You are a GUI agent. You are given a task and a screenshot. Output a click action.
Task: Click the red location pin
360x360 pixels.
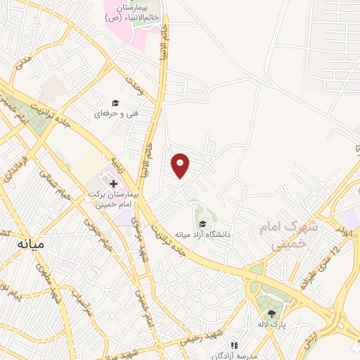coord(181,165)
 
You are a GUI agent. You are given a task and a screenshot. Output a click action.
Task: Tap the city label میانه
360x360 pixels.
coord(29,245)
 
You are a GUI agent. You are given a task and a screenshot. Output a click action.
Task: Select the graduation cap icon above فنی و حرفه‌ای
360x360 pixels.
coord(114,103)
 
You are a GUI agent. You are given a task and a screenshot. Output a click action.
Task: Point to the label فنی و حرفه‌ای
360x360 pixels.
coord(114,112)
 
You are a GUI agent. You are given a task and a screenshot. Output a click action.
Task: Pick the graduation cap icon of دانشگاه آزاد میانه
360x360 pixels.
coord(202,224)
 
